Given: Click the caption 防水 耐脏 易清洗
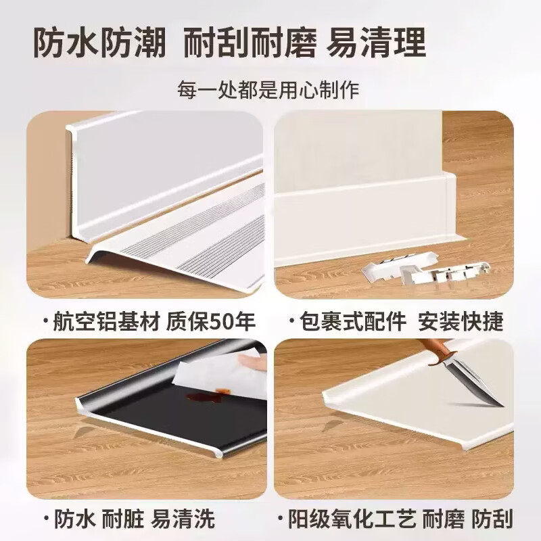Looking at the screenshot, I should coord(128,519).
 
